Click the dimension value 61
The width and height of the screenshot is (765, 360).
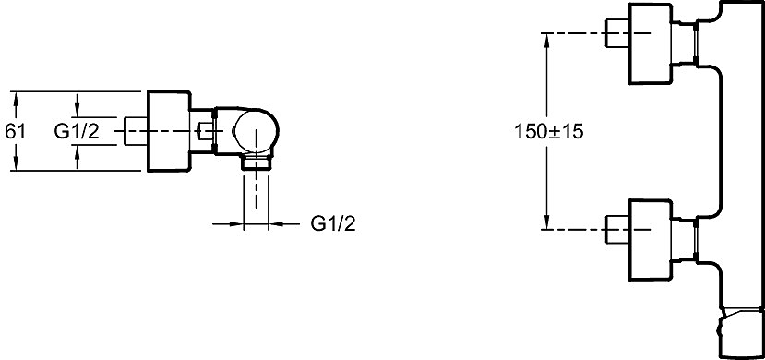15,132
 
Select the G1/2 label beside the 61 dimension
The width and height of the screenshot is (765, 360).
77,132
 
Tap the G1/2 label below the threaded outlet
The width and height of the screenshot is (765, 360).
333,224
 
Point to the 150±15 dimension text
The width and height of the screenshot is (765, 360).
549,132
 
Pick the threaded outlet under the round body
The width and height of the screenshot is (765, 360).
257,162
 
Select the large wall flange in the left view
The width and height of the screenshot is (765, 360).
168,131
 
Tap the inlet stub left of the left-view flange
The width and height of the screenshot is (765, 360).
137,131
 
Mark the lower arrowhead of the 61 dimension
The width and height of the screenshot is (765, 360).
16,164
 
